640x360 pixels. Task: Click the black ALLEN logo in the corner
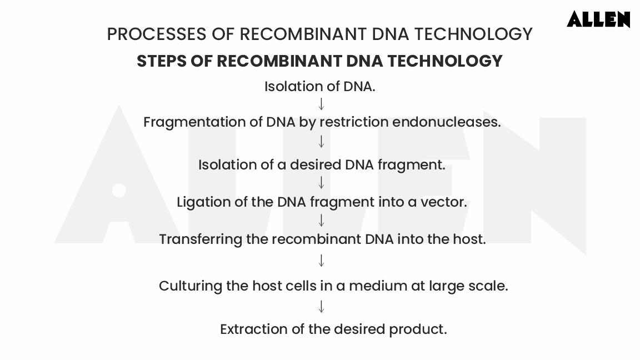coord(598,19)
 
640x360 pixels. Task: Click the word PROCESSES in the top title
coord(157,34)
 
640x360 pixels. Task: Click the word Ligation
coord(203,202)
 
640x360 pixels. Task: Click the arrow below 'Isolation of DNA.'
coord(321,104)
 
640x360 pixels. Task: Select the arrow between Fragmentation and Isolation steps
coord(321,142)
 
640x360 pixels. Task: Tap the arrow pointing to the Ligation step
coord(321,182)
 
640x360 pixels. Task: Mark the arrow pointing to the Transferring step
coord(321,221)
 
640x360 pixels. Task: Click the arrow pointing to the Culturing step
coord(321,260)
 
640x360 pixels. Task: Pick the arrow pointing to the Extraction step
coord(321,306)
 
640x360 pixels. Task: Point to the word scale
coord(488,286)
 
